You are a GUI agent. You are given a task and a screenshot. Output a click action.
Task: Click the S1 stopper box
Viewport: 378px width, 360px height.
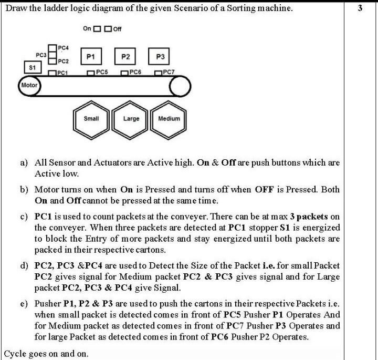pos(32,68)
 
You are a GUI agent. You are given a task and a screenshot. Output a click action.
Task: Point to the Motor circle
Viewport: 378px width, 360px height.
pos(29,85)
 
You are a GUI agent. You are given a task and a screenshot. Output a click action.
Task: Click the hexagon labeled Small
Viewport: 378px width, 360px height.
pos(91,119)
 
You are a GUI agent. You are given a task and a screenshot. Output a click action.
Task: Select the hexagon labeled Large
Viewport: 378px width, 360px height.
pos(131,119)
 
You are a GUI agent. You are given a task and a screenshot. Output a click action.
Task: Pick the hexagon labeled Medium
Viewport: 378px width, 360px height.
pos(169,119)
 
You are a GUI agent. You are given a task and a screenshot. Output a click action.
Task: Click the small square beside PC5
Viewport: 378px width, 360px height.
pos(91,73)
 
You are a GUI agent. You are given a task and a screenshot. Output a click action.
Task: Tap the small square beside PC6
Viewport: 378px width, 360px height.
pos(124,73)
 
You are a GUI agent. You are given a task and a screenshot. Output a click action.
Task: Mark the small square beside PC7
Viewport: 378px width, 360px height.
pos(159,73)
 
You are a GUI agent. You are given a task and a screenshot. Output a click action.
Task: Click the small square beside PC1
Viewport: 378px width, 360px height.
pos(52,73)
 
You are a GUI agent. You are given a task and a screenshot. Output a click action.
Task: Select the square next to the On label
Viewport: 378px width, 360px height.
pos(97,28)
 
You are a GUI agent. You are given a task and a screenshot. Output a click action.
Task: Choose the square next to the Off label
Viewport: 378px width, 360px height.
pos(108,28)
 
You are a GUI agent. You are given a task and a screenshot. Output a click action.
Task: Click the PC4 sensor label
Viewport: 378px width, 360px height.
pos(63,48)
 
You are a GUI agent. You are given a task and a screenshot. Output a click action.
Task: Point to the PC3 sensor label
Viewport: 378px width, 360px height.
pos(41,55)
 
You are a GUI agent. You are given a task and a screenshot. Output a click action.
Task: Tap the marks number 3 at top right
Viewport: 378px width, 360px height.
pos(360,8)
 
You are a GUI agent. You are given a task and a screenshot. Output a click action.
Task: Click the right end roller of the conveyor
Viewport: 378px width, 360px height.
pos(180,87)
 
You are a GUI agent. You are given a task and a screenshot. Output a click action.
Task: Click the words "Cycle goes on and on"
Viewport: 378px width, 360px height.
pos(46,354)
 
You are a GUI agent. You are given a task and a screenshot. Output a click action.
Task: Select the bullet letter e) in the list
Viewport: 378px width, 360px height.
pos(24,303)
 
